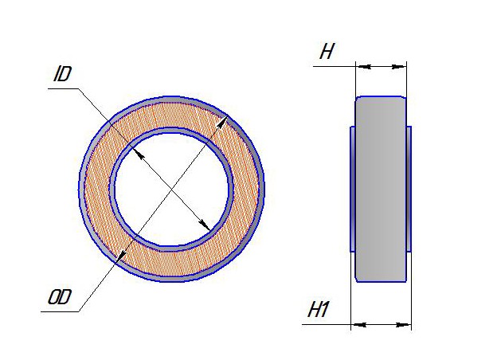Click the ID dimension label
(62, 74)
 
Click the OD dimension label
(60, 297)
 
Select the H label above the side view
(327, 51)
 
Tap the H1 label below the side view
(319, 310)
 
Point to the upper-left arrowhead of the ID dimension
(139, 155)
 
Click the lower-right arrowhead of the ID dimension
(204, 225)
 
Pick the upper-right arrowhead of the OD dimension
(221, 123)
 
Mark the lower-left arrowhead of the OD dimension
(121, 256)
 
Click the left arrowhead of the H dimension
(364, 67)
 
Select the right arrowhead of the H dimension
(399, 67)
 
